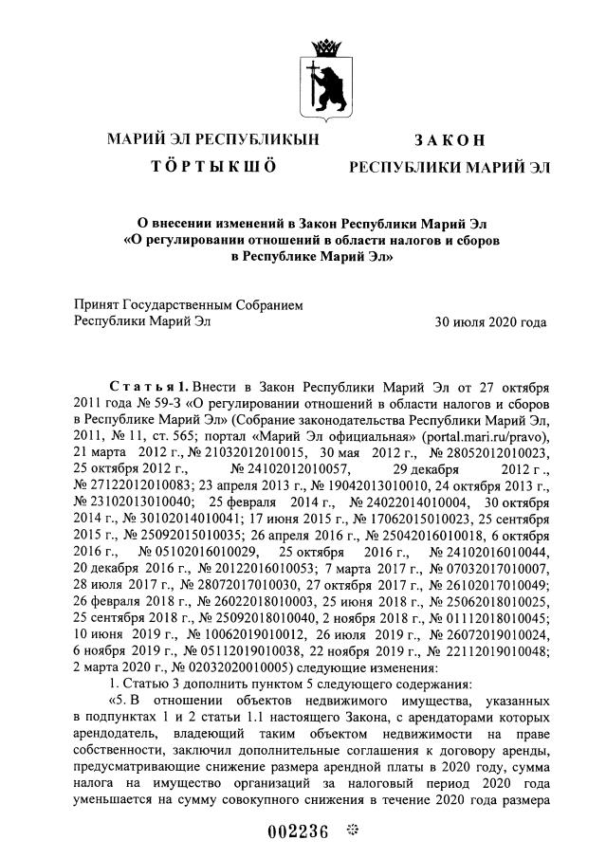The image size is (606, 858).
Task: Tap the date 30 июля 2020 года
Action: click(x=490, y=322)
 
